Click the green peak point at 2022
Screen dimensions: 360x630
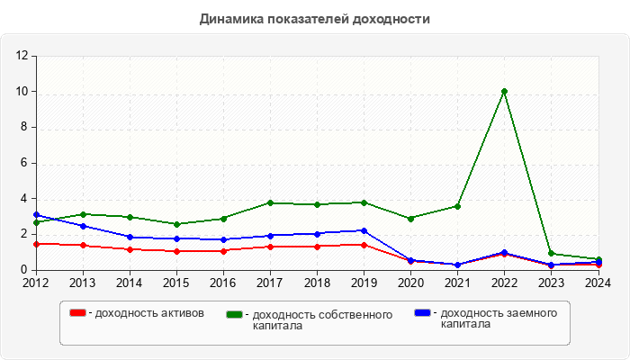pos(504,92)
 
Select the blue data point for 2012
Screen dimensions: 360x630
pos(36,215)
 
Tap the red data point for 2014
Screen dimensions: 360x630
pos(130,249)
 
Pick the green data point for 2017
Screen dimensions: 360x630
pos(270,203)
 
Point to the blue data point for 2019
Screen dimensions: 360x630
pos(364,230)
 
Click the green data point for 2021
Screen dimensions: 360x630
pos(457,206)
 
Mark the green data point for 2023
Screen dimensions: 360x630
pos(551,254)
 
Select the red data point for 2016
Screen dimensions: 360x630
pos(223,251)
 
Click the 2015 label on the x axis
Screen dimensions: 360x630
pos(176,283)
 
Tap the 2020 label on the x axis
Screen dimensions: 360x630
pos(410,283)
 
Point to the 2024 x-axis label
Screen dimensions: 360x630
pos(598,283)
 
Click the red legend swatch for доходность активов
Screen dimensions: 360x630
pos(78,313)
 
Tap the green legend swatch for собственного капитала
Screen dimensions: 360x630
pos(235,314)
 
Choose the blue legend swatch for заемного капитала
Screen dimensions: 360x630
pos(422,313)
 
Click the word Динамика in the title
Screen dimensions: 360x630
pos(232,18)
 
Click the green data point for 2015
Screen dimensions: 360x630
pos(176,224)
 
